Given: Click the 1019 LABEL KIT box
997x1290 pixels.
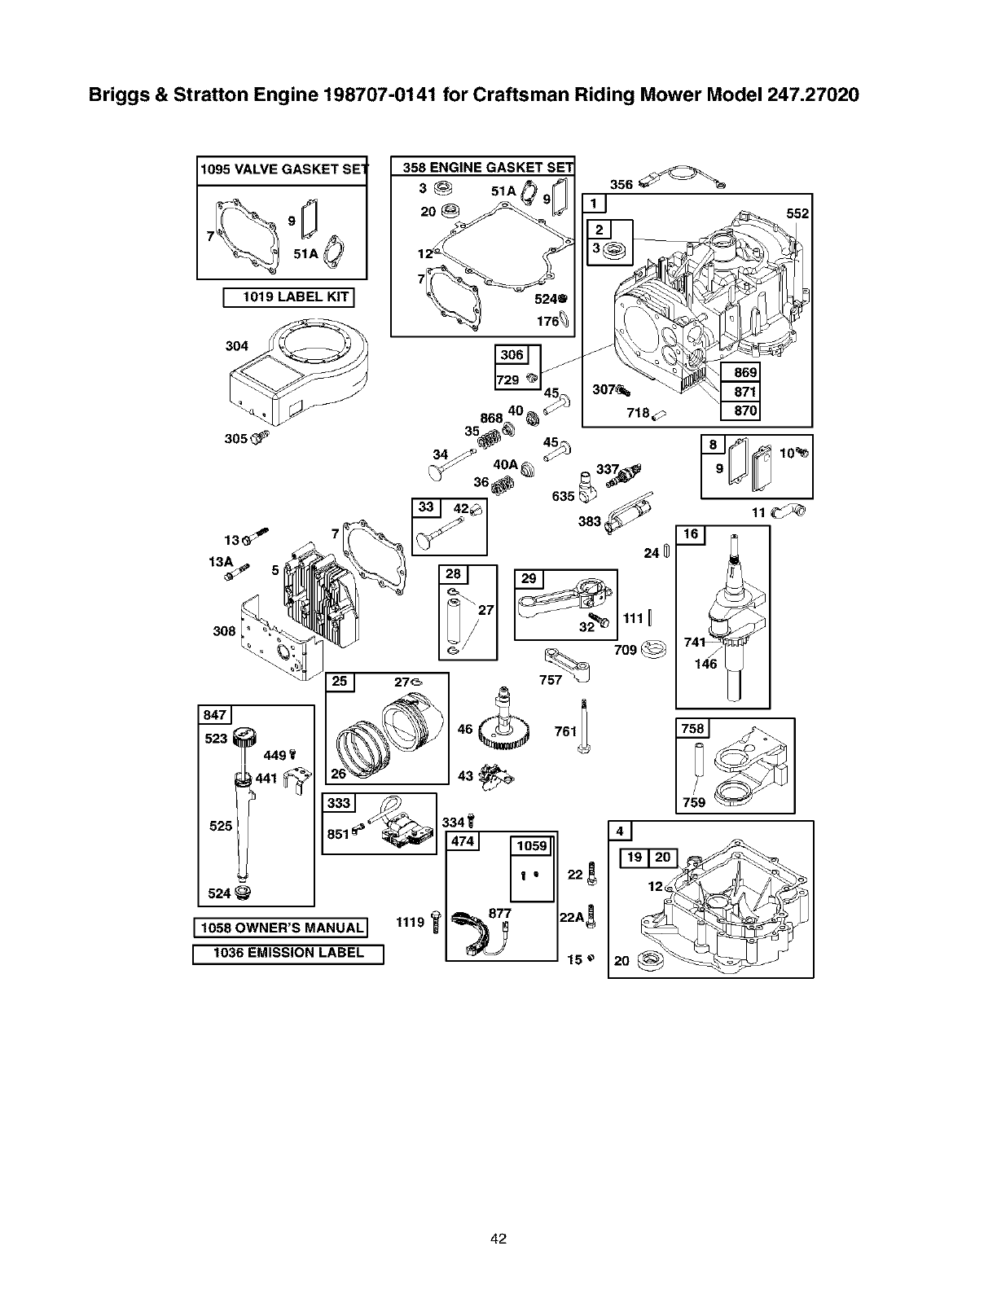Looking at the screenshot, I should [288, 297].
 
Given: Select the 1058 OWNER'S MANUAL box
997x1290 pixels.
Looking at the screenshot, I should [279, 928].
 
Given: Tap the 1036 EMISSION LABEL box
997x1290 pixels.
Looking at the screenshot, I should [288, 954].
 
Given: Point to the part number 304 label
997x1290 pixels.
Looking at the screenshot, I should [236, 346].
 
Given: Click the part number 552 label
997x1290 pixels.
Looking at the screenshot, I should [797, 213].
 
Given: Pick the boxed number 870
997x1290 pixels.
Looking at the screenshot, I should [745, 410].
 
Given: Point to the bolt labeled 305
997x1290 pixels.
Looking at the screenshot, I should [259, 439].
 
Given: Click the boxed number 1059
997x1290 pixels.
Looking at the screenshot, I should [531, 845].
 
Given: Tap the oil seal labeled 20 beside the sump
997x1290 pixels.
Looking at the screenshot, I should [650, 959].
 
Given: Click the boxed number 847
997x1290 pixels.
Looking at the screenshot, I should [215, 715].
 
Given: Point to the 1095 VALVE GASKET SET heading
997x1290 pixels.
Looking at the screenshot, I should [281, 169].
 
